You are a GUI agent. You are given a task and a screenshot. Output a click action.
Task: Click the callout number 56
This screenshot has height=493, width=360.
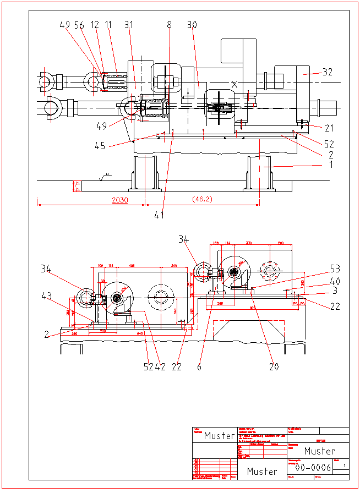tap(79, 25)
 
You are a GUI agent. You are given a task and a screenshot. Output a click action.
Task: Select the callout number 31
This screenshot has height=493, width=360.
tap(129, 25)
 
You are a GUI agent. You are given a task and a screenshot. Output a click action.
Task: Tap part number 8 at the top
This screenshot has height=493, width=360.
tap(169, 25)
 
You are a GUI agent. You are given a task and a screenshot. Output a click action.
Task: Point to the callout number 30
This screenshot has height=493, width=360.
tap(192, 25)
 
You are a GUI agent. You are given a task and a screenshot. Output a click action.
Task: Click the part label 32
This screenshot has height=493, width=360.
tap(328, 72)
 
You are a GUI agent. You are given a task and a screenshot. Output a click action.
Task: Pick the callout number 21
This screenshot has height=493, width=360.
tap(329, 128)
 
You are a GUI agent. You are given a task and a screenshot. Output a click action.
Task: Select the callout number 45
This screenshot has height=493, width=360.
tap(100, 146)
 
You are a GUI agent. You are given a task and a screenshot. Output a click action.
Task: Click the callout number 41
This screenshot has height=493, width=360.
tap(159, 215)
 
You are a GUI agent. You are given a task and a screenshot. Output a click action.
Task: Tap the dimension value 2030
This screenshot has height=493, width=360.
tap(119, 200)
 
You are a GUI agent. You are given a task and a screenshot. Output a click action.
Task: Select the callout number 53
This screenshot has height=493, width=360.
tap(335, 269)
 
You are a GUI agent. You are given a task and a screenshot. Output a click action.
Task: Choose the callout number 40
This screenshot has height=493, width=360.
tap(335, 281)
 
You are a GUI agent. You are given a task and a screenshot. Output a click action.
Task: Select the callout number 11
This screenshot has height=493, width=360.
tap(108, 25)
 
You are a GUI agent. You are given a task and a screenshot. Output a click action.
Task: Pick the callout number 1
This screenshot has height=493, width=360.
tap(331, 163)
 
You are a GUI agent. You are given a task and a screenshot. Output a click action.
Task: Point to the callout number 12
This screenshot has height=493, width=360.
tap(95, 25)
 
